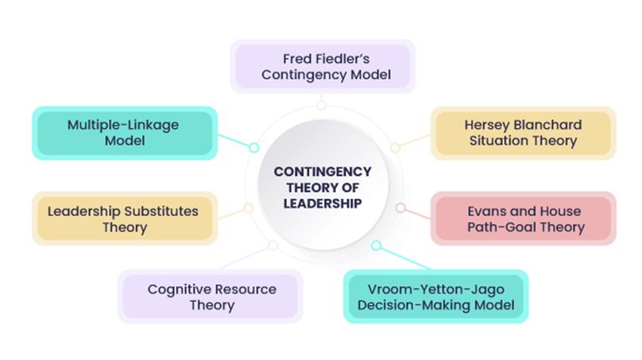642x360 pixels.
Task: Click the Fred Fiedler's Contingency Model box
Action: click(322, 67)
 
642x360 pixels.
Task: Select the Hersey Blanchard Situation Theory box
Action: click(523, 133)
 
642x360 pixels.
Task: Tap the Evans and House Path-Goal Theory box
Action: click(524, 219)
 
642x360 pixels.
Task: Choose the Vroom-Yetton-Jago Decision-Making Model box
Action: click(435, 296)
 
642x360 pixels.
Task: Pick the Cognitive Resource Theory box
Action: click(211, 296)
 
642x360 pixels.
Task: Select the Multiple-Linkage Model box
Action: click(122, 133)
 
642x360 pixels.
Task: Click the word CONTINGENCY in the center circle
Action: click(322, 171)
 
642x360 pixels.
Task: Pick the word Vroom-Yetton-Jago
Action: click(435, 288)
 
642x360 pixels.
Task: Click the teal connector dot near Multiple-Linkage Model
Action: click(254, 147)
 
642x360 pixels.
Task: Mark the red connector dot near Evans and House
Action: click(400, 208)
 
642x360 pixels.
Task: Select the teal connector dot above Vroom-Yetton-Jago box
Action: click(376, 246)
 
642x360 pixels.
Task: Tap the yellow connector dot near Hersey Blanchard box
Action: click(395, 147)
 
